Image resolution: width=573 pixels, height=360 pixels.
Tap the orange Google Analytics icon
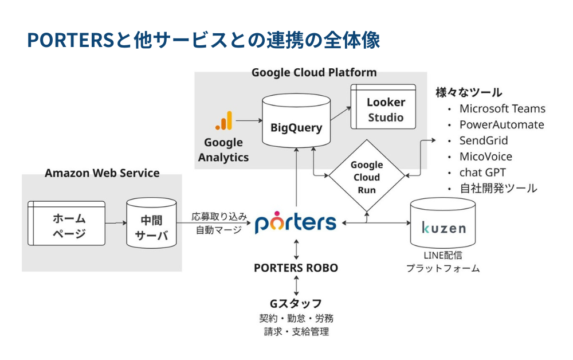pos(224,121)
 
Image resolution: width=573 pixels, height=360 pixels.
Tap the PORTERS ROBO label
pos(296,268)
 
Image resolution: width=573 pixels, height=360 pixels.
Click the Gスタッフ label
pos(296,303)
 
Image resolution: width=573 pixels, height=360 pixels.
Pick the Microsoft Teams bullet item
pos(502,109)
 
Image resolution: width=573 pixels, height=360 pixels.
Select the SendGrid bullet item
pos(484,140)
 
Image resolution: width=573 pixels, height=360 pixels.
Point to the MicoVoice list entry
pos(486,156)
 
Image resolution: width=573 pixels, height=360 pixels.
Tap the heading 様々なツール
pos(469,92)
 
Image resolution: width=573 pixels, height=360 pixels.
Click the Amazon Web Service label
pos(102,173)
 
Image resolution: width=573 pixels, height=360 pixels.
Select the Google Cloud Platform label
pos(314,72)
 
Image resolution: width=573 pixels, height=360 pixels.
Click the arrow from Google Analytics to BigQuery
pos(247,121)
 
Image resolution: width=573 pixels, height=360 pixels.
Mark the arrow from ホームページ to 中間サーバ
pos(116,224)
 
